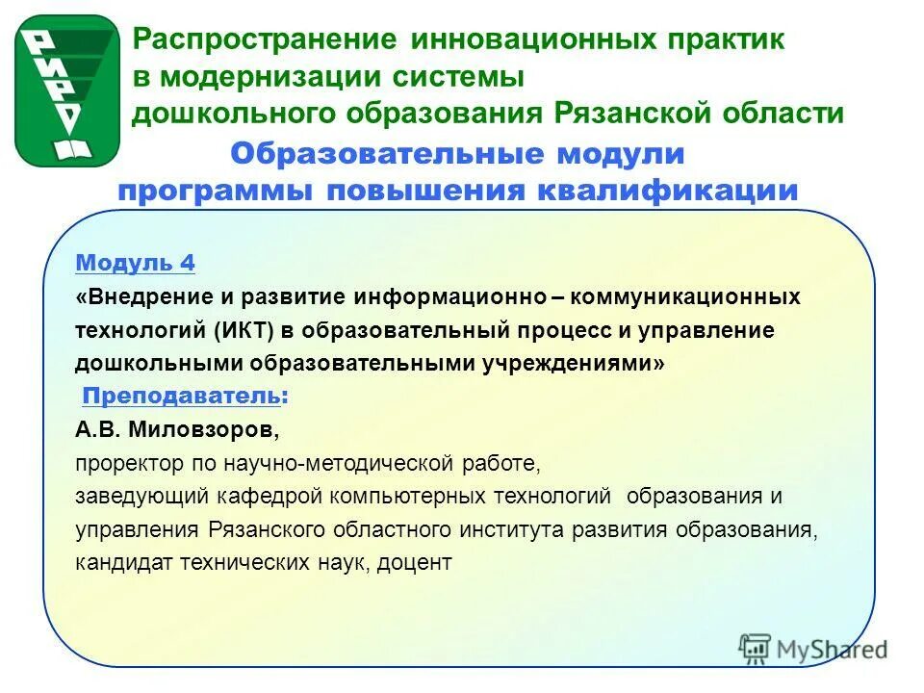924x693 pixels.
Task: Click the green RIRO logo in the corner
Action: point(66,90)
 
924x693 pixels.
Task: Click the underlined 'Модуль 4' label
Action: point(135,263)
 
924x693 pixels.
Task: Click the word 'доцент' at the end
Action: point(416,563)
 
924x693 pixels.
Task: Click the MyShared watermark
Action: point(813,648)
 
